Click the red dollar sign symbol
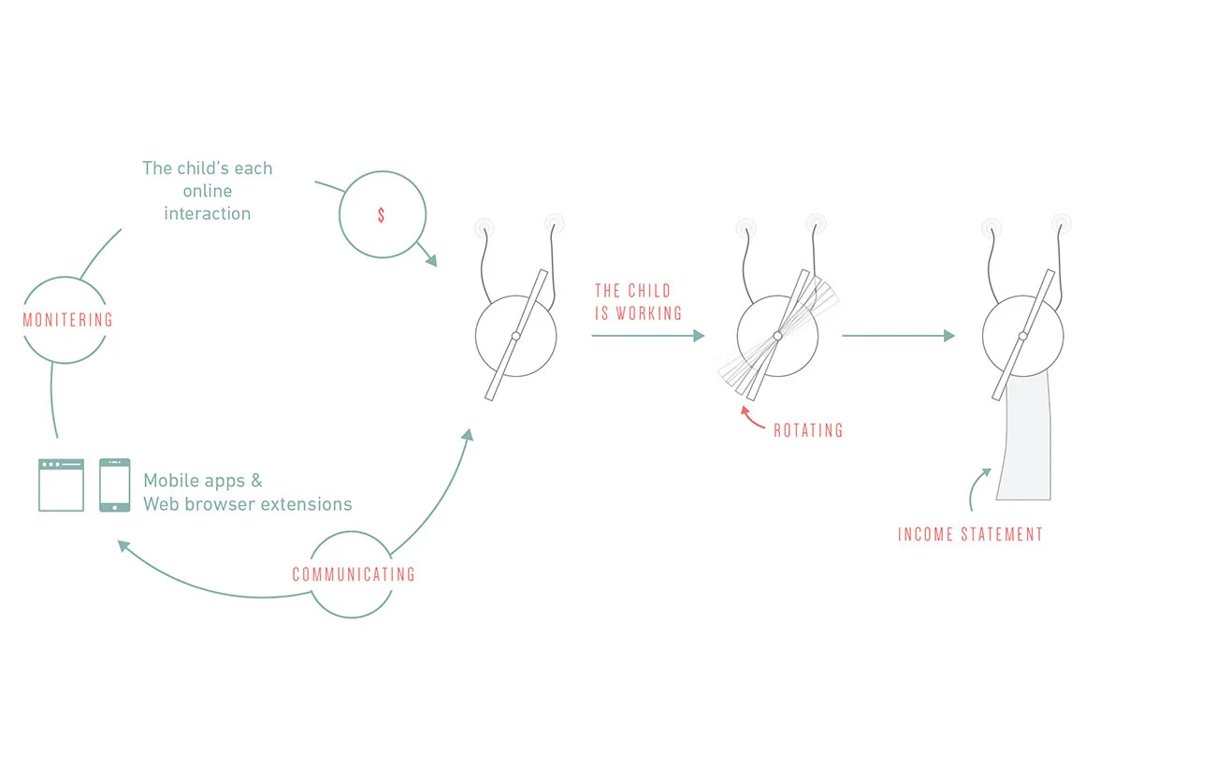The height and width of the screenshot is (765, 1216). [381, 215]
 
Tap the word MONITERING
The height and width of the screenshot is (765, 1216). [67, 320]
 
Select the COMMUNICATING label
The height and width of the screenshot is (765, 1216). [354, 574]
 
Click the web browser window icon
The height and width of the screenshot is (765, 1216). [61, 484]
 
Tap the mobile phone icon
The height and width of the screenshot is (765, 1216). [114, 484]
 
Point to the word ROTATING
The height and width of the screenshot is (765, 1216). [808, 431]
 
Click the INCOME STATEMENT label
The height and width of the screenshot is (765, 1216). [970, 534]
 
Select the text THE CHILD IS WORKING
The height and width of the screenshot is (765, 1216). [638, 302]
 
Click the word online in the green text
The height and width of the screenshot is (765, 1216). [207, 191]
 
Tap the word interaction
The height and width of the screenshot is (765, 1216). [207, 213]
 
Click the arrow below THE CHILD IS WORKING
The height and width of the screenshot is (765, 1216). [647, 336]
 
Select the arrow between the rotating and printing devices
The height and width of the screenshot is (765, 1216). [898, 336]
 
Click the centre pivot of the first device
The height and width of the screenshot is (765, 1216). [515, 336]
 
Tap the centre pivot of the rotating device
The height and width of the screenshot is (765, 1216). [777, 336]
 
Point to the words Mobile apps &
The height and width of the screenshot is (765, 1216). [203, 481]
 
